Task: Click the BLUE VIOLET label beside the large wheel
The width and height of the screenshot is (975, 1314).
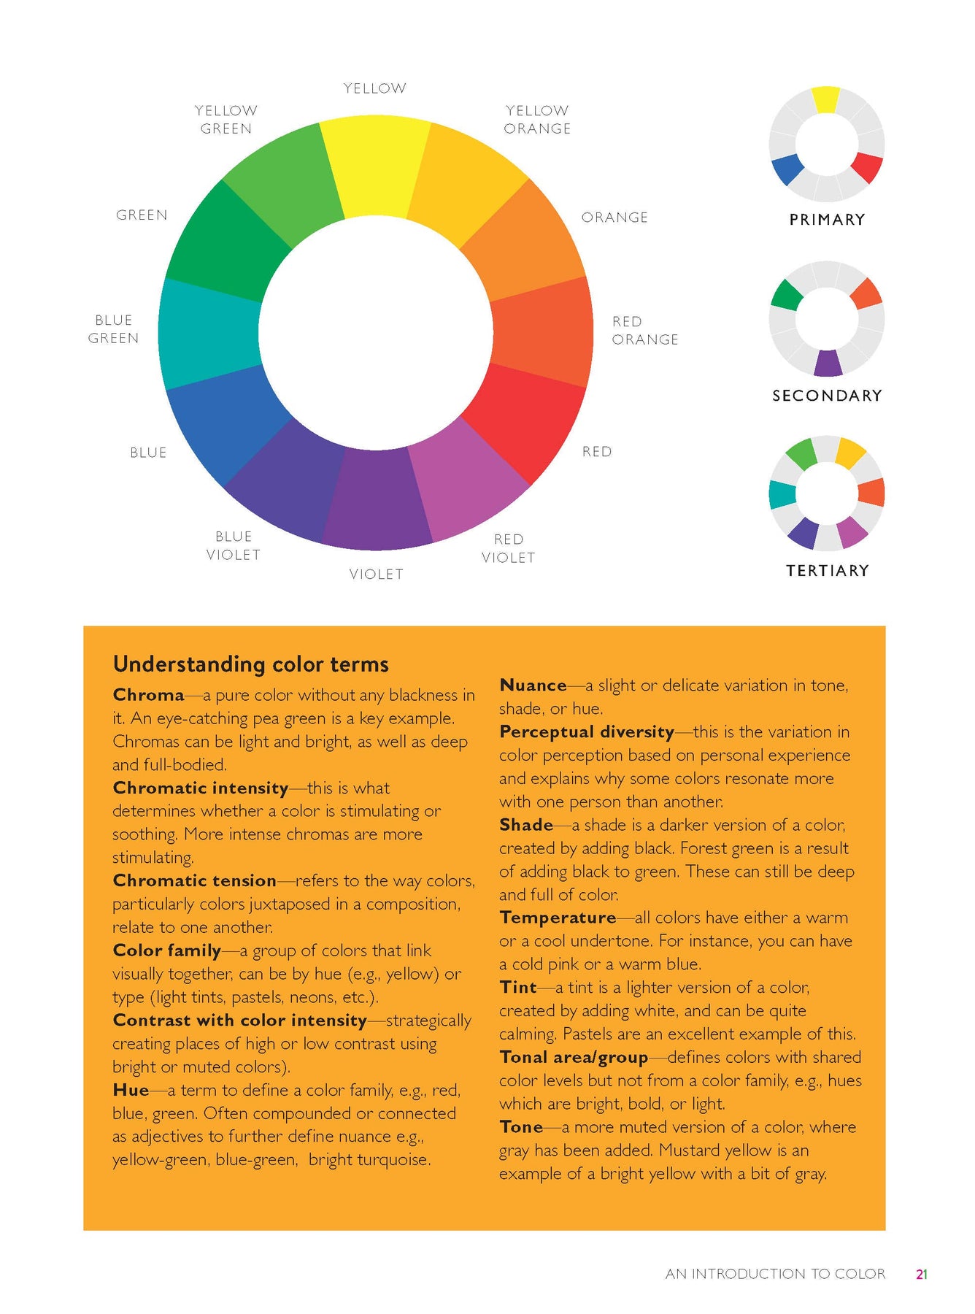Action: [x=234, y=546]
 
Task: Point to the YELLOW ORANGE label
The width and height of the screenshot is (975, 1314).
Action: [x=538, y=120]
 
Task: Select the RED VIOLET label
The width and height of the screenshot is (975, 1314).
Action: [x=509, y=548]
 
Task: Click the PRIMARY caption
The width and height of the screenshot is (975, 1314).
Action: [x=827, y=220]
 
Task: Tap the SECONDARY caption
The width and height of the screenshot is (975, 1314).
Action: [x=827, y=396]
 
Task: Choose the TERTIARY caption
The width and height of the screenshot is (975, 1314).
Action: [x=827, y=571]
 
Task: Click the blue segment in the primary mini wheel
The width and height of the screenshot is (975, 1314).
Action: [x=787, y=169]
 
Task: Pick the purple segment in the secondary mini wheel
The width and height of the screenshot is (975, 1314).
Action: [x=828, y=364]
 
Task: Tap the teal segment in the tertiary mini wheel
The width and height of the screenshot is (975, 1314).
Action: [x=782, y=494]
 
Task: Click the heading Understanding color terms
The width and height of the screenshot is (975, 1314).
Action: [x=251, y=664]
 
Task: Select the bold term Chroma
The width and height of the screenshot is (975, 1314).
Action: [x=149, y=695]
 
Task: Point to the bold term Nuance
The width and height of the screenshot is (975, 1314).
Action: [x=533, y=685]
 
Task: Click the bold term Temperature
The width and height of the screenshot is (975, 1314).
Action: [x=558, y=918]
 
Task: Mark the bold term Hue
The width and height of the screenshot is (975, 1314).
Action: [x=131, y=1090]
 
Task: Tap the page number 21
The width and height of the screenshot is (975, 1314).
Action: [x=922, y=1274]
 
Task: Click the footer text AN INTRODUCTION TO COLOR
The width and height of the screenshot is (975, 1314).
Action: [x=775, y=1274]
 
